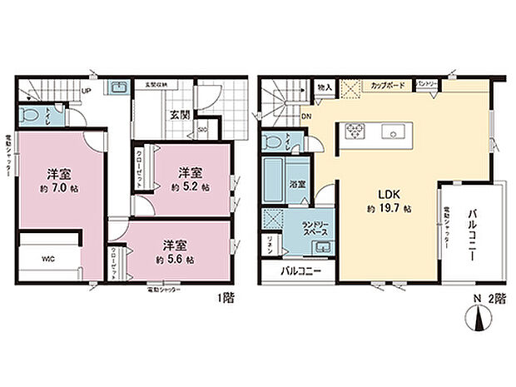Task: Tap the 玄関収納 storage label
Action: pos(157,85)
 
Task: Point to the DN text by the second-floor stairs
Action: pos(307,116)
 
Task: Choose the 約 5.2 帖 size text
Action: pos(190,187)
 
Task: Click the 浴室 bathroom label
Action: pos(296,181)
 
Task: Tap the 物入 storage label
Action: pos(325,86)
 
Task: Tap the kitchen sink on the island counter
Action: pos(392,132)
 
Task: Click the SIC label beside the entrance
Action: pos(202,129)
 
